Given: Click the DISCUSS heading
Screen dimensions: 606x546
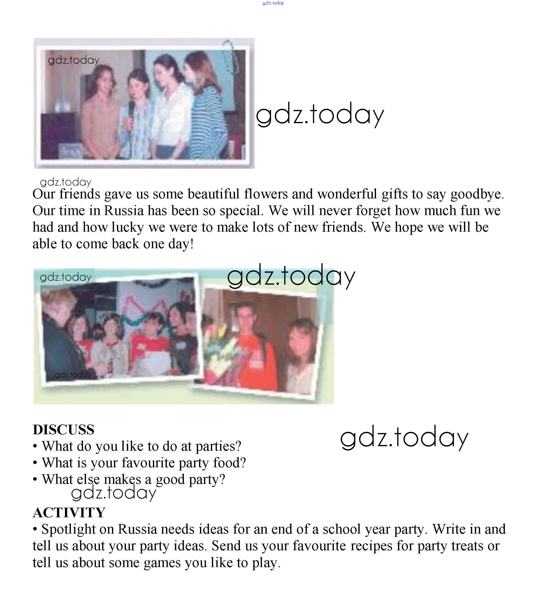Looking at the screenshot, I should pyautogui.click(x=64, y=430).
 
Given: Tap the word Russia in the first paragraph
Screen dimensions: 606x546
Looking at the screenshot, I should pyautogui.click(x=124, y=211).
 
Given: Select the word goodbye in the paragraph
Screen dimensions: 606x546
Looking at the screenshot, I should pyautogui.click(x=477, y=194).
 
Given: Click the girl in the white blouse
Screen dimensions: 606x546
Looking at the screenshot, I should pyautogui.click(x=171, y=111).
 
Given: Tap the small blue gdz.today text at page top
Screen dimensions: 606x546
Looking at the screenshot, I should pyautogui.click(x=273, y=3).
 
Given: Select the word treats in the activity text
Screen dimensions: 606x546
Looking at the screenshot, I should pyautogui.click(x=467, y=546).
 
